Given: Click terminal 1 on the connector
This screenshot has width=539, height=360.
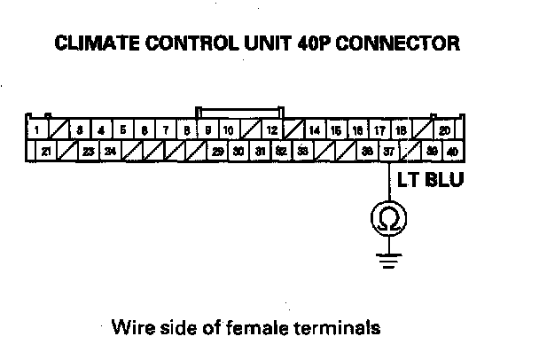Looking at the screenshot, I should coord(36,131).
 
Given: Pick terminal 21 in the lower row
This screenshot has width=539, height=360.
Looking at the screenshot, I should coord(47,152).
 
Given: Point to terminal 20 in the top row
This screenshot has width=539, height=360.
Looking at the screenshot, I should coord(444,131).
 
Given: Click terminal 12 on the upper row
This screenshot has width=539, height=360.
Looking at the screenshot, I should coord(272,131).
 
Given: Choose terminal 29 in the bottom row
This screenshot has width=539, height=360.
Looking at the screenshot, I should coord(218,152).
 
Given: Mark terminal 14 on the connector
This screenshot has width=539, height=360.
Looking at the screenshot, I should coord(315,131).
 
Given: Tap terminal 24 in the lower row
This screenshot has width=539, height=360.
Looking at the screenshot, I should coord(110,152).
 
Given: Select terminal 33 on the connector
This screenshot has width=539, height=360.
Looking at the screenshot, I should coord(302,152).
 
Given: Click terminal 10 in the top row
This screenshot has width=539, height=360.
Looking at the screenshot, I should coord(229,131).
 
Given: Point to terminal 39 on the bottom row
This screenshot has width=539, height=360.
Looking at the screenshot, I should coord(433,152).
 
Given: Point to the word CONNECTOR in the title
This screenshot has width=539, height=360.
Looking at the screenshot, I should coord(404,42).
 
